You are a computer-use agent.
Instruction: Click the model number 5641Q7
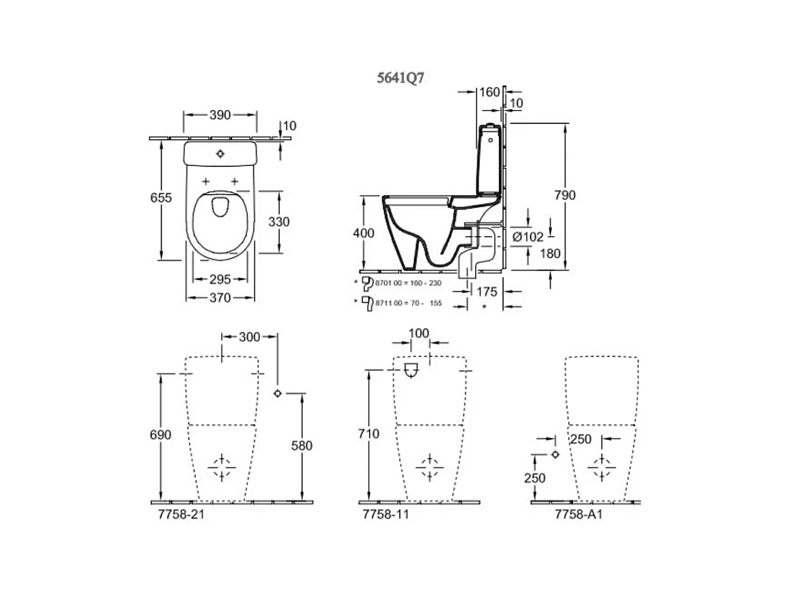[400, 78]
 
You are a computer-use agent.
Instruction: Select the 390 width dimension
[220, 115]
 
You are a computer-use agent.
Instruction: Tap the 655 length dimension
[161, 198]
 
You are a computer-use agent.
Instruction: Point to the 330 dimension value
[279, 222]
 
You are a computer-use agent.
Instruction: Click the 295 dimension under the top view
[220, 279]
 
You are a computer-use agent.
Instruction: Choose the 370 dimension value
[220, 298]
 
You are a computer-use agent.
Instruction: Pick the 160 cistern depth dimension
[489, 92]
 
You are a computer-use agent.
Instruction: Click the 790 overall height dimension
[565, 195]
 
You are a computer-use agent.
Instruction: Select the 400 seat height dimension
[364, 233]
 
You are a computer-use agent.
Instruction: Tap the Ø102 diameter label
[528, 236]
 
